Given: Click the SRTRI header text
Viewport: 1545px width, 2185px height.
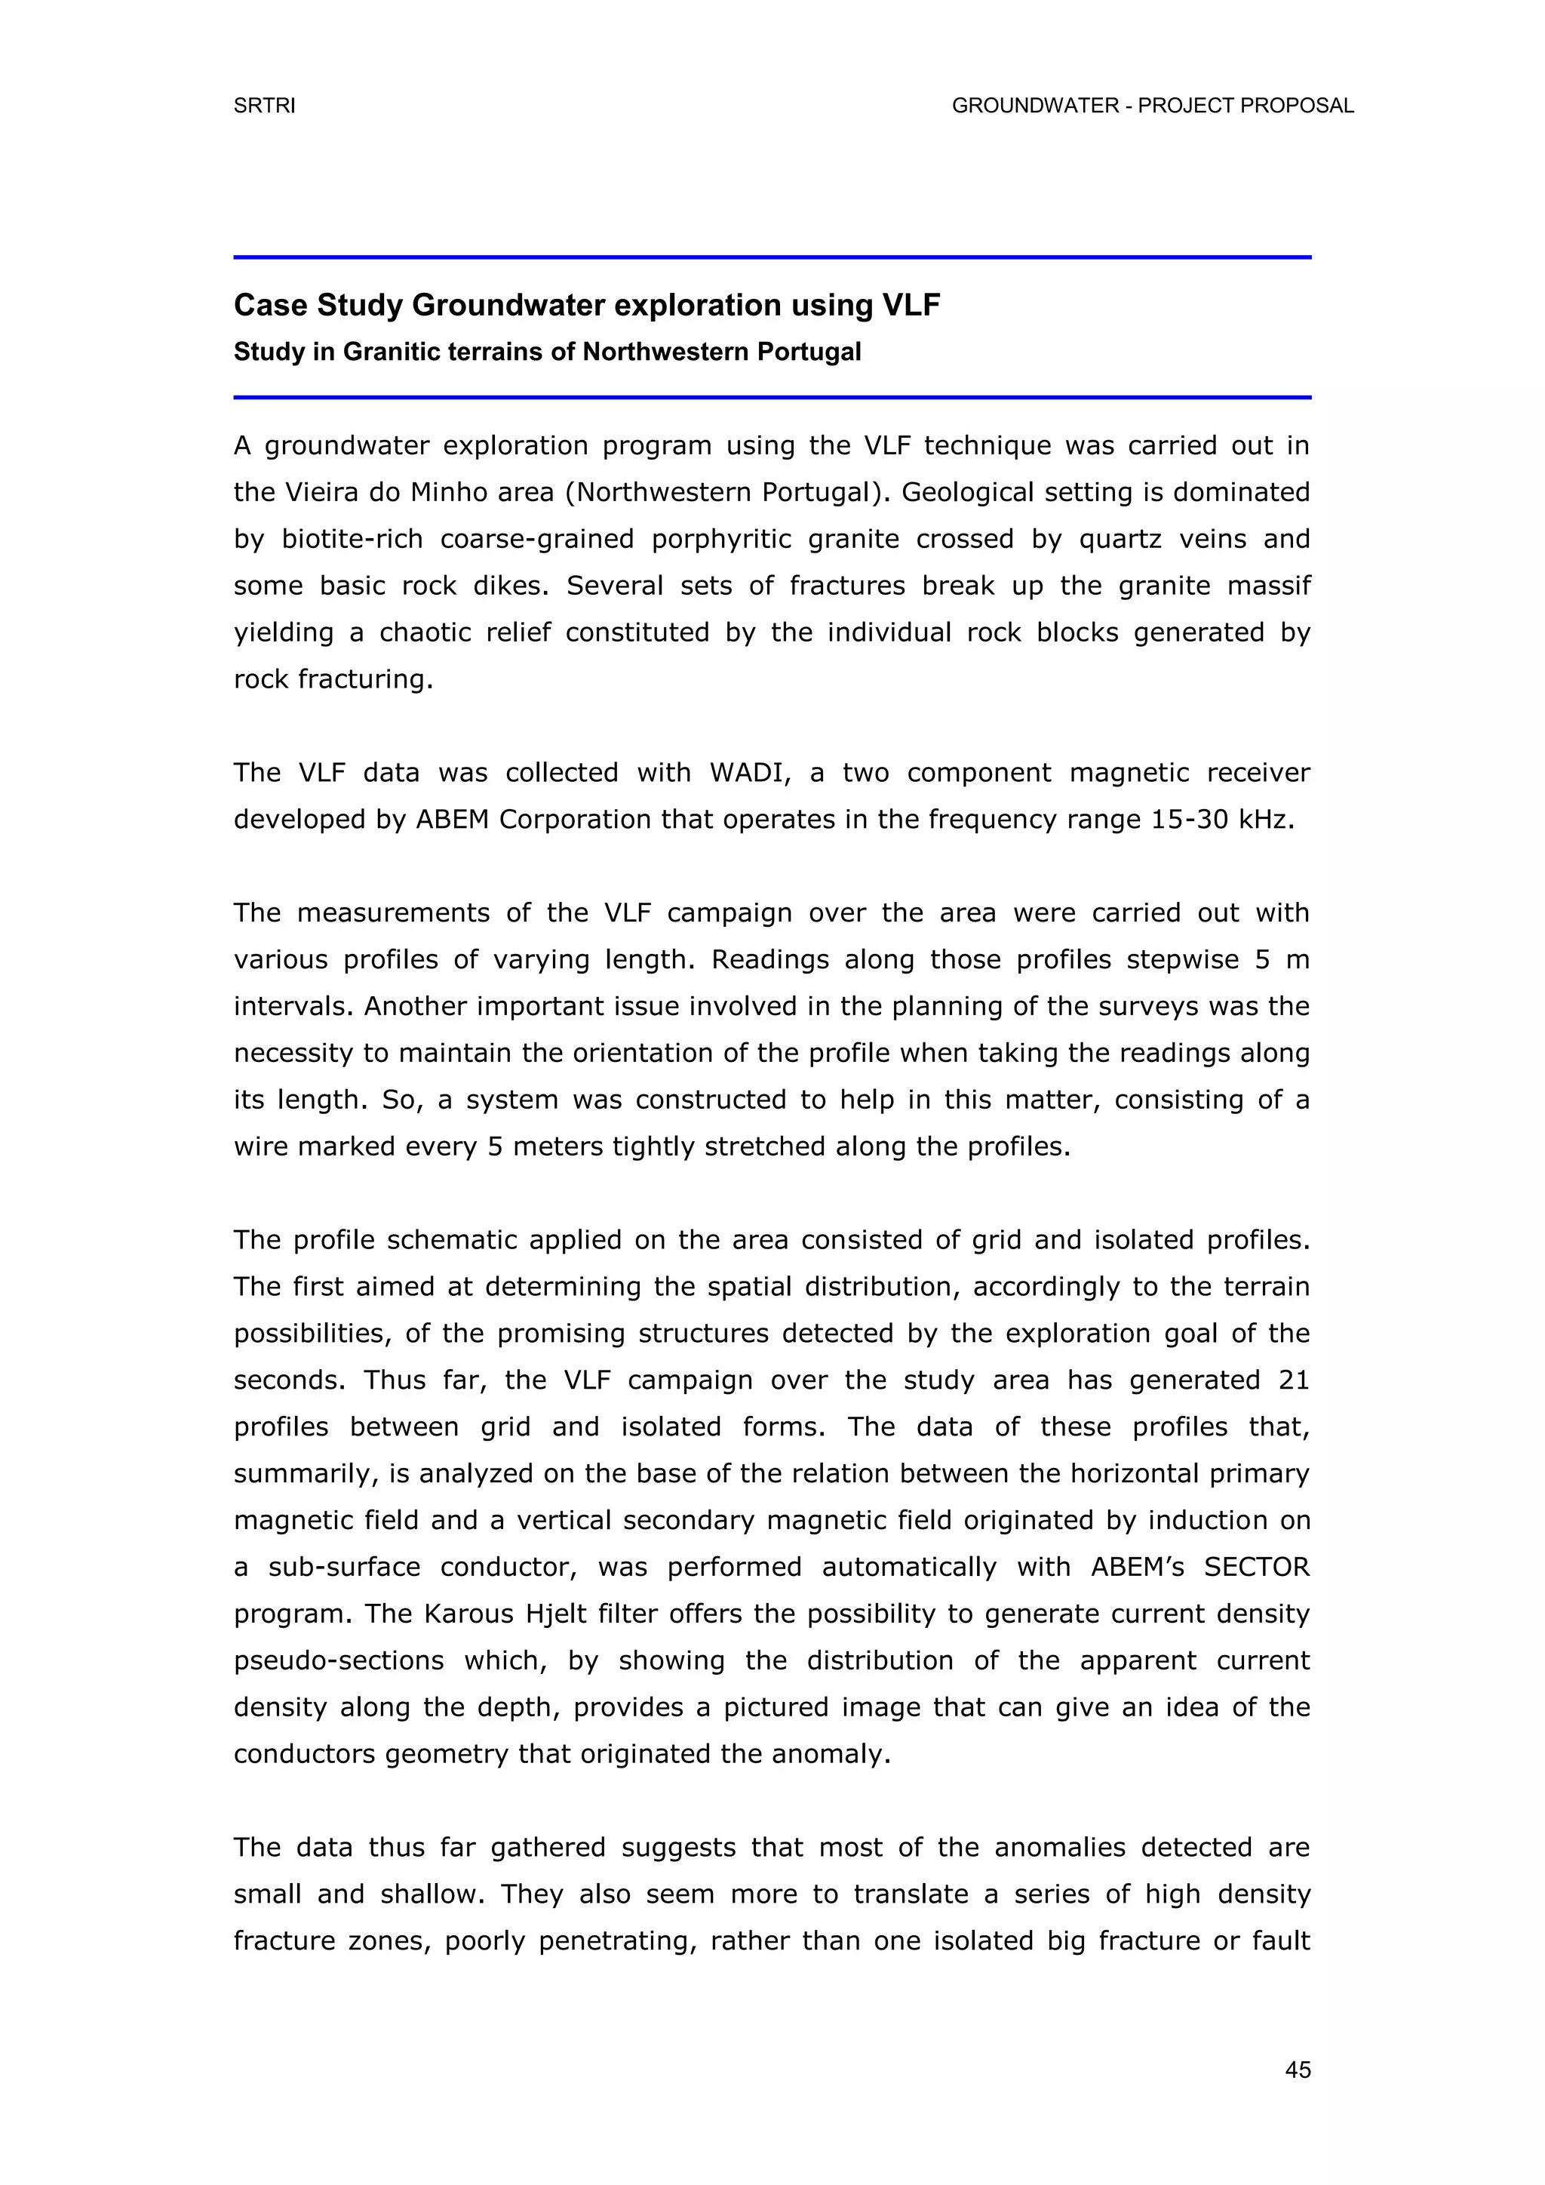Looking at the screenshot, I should pos(265,106).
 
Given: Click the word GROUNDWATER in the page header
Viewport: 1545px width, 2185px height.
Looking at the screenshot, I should pos(1035,106).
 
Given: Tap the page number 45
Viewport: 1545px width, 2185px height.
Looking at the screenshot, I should pos(1298,2070).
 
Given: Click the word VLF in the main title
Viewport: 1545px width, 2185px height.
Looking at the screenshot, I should pos(911,306).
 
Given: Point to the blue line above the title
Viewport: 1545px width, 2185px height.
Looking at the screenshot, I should pos(772,257).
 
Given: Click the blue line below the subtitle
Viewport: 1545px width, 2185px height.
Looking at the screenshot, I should pos(772,397).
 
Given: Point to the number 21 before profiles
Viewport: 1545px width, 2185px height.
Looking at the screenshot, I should pos(1294,1380).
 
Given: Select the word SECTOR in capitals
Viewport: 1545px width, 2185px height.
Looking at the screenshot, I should pos(1257,1566).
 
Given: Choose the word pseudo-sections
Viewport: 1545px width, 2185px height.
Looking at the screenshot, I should pos(339,1660).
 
